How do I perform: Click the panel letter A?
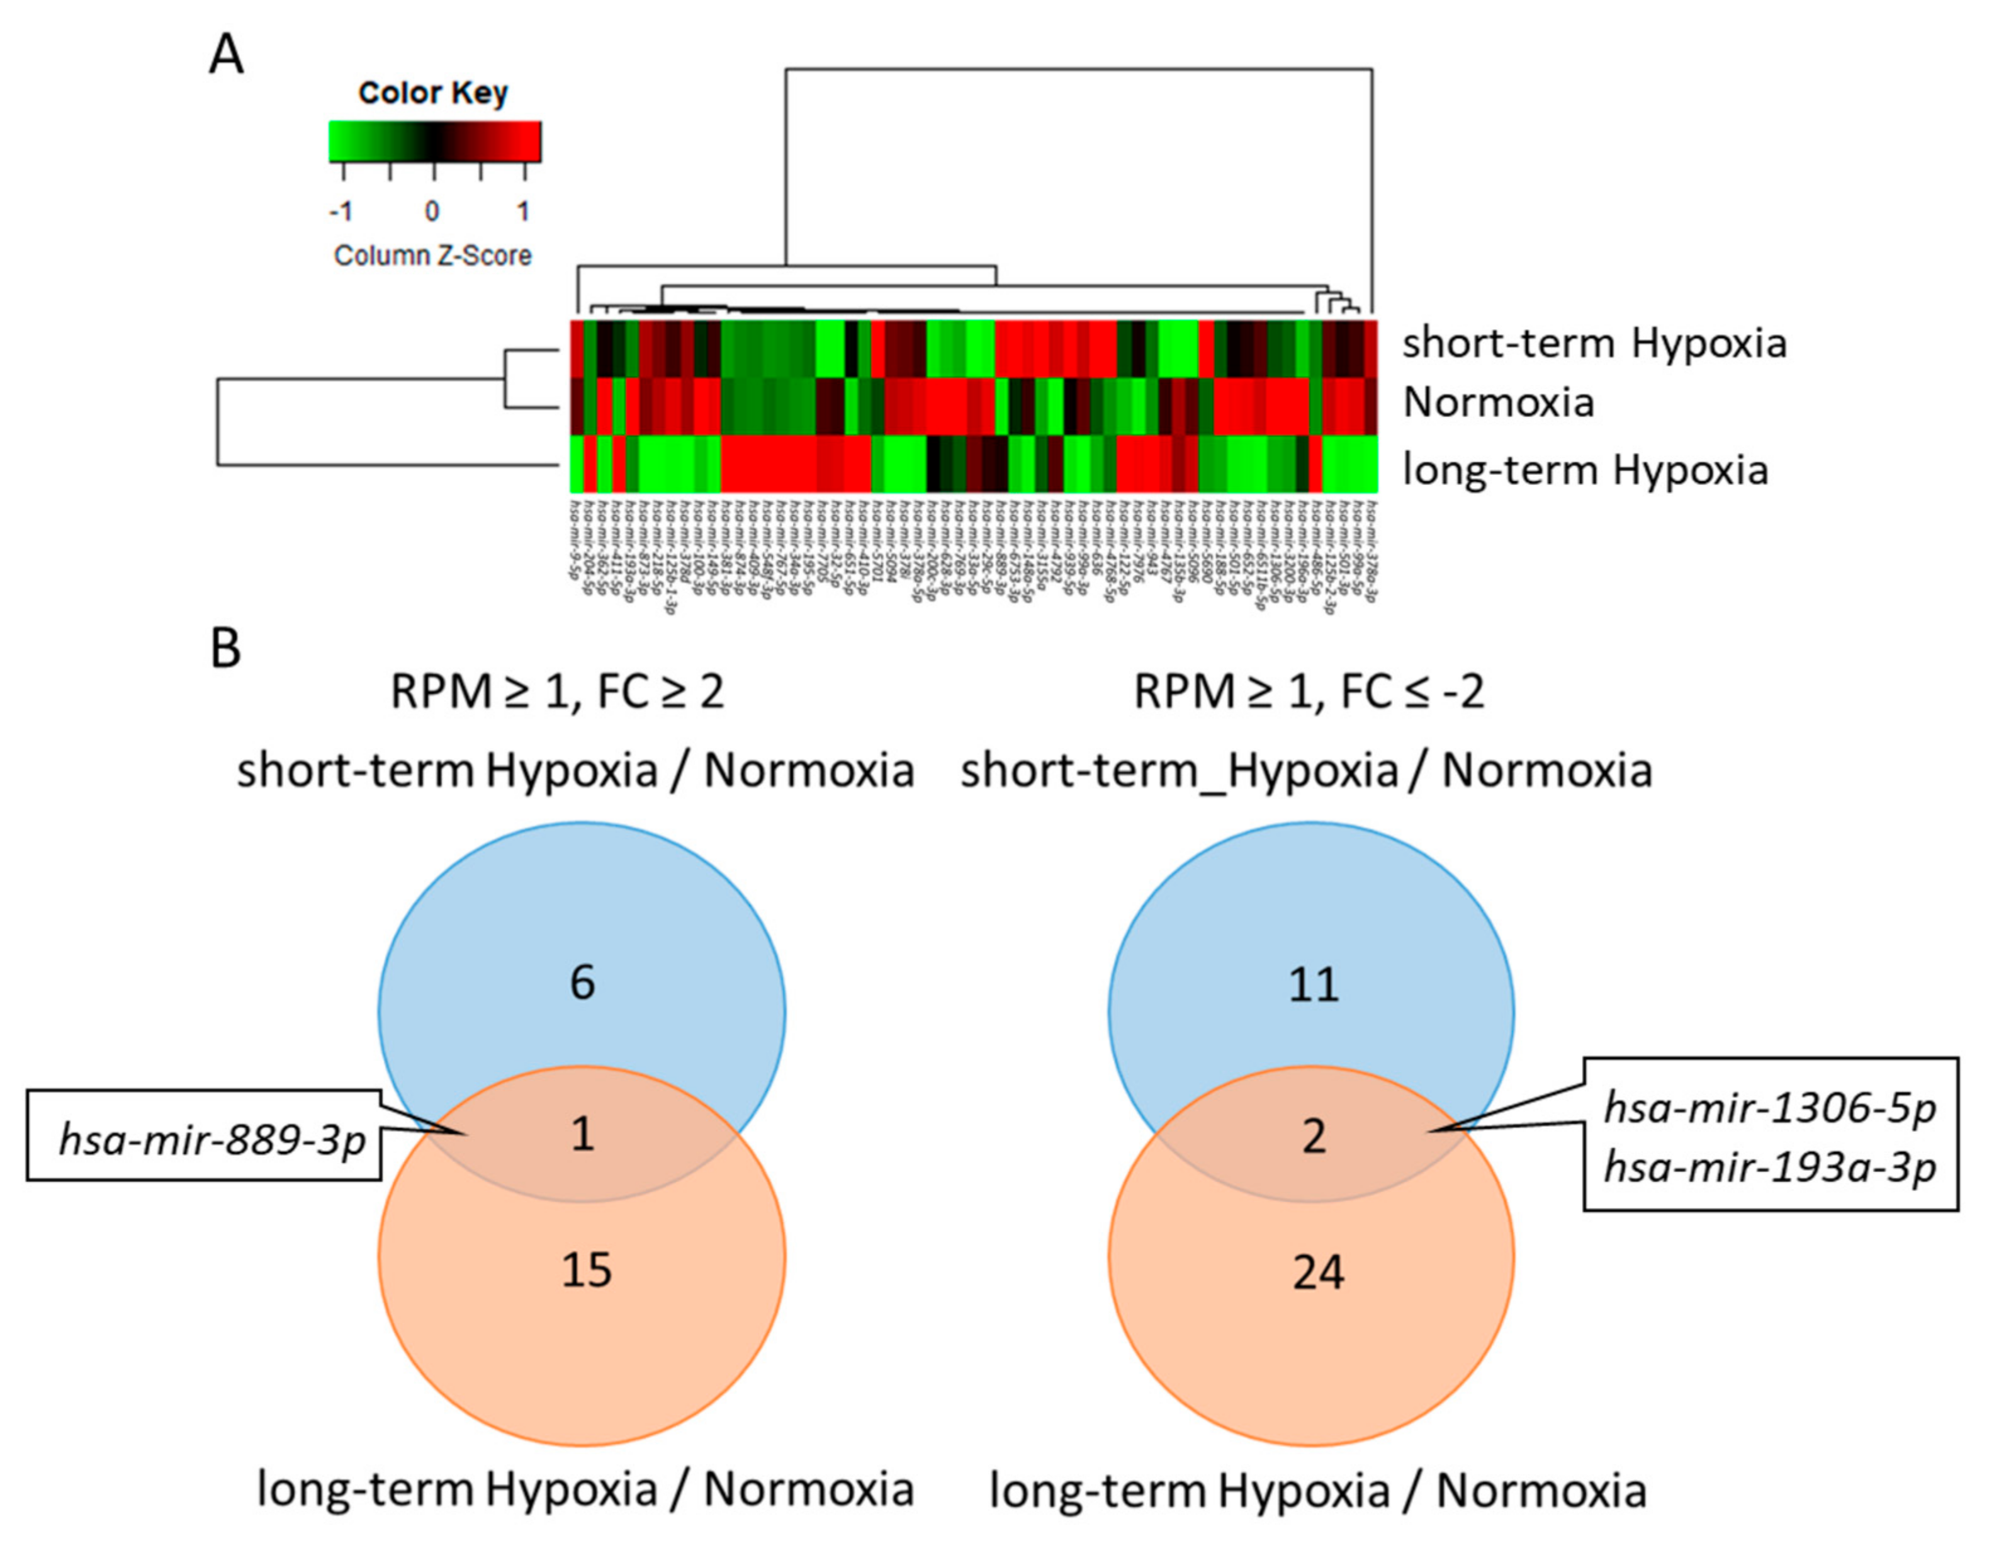point(227,55)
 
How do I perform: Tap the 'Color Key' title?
point(433,92)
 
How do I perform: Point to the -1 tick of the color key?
point(341,212)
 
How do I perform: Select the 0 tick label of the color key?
point(432,212)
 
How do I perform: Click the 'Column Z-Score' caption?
point(433,255)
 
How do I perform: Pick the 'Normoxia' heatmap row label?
point(1498,402)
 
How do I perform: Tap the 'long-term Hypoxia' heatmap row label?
point(1585,470)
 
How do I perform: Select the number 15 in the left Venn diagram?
point(586,1270)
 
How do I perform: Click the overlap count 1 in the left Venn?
point(582,1134)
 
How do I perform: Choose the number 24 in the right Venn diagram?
point(1317,1272)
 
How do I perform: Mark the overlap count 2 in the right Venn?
point(1314,1137)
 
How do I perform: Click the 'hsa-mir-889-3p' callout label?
point(212,1140)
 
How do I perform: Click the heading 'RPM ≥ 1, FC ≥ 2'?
point(557,691)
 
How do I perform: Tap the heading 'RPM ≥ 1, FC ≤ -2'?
point(1309,691)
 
